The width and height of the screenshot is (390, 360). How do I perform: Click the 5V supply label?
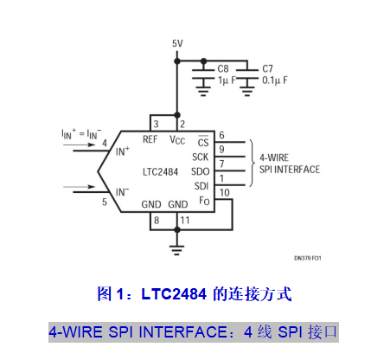[x=177, y=43]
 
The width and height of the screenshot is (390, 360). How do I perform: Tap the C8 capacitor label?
[x=223, y=68]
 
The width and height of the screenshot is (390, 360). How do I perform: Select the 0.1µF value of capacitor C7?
[x=275, y=80]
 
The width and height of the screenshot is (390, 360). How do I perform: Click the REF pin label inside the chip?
[x=150, y=139]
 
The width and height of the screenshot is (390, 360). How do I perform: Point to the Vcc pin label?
[x=177, y=140]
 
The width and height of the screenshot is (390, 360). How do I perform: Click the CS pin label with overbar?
[x=203, y=141]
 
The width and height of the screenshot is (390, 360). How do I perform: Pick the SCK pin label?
[x=200, y=157]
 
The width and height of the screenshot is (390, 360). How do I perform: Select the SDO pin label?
[x=201, y=171]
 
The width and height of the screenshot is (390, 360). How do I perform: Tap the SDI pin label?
[x=201, y=186]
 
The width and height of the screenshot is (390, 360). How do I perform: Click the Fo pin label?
[x=204, y=201]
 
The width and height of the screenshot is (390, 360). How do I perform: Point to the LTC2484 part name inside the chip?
[x=160, y=172]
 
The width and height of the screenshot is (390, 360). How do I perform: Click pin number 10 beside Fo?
[x=225, y=192]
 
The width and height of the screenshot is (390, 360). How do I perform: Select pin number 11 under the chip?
[x=185, y=221]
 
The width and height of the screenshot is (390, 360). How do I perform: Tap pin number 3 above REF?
[x=156, y=124]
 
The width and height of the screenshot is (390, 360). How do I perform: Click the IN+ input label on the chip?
[x=123, y=151]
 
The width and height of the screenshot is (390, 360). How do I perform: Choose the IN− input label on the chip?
[x=122, y=192]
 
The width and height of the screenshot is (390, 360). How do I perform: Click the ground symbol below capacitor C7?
[x=247, y=92]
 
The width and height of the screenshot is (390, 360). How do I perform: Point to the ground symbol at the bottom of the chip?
[x=177, y=248]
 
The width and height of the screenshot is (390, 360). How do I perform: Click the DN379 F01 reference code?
[x=308, y=258]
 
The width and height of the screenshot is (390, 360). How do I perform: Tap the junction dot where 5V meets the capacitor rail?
[x=177, y=61]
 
